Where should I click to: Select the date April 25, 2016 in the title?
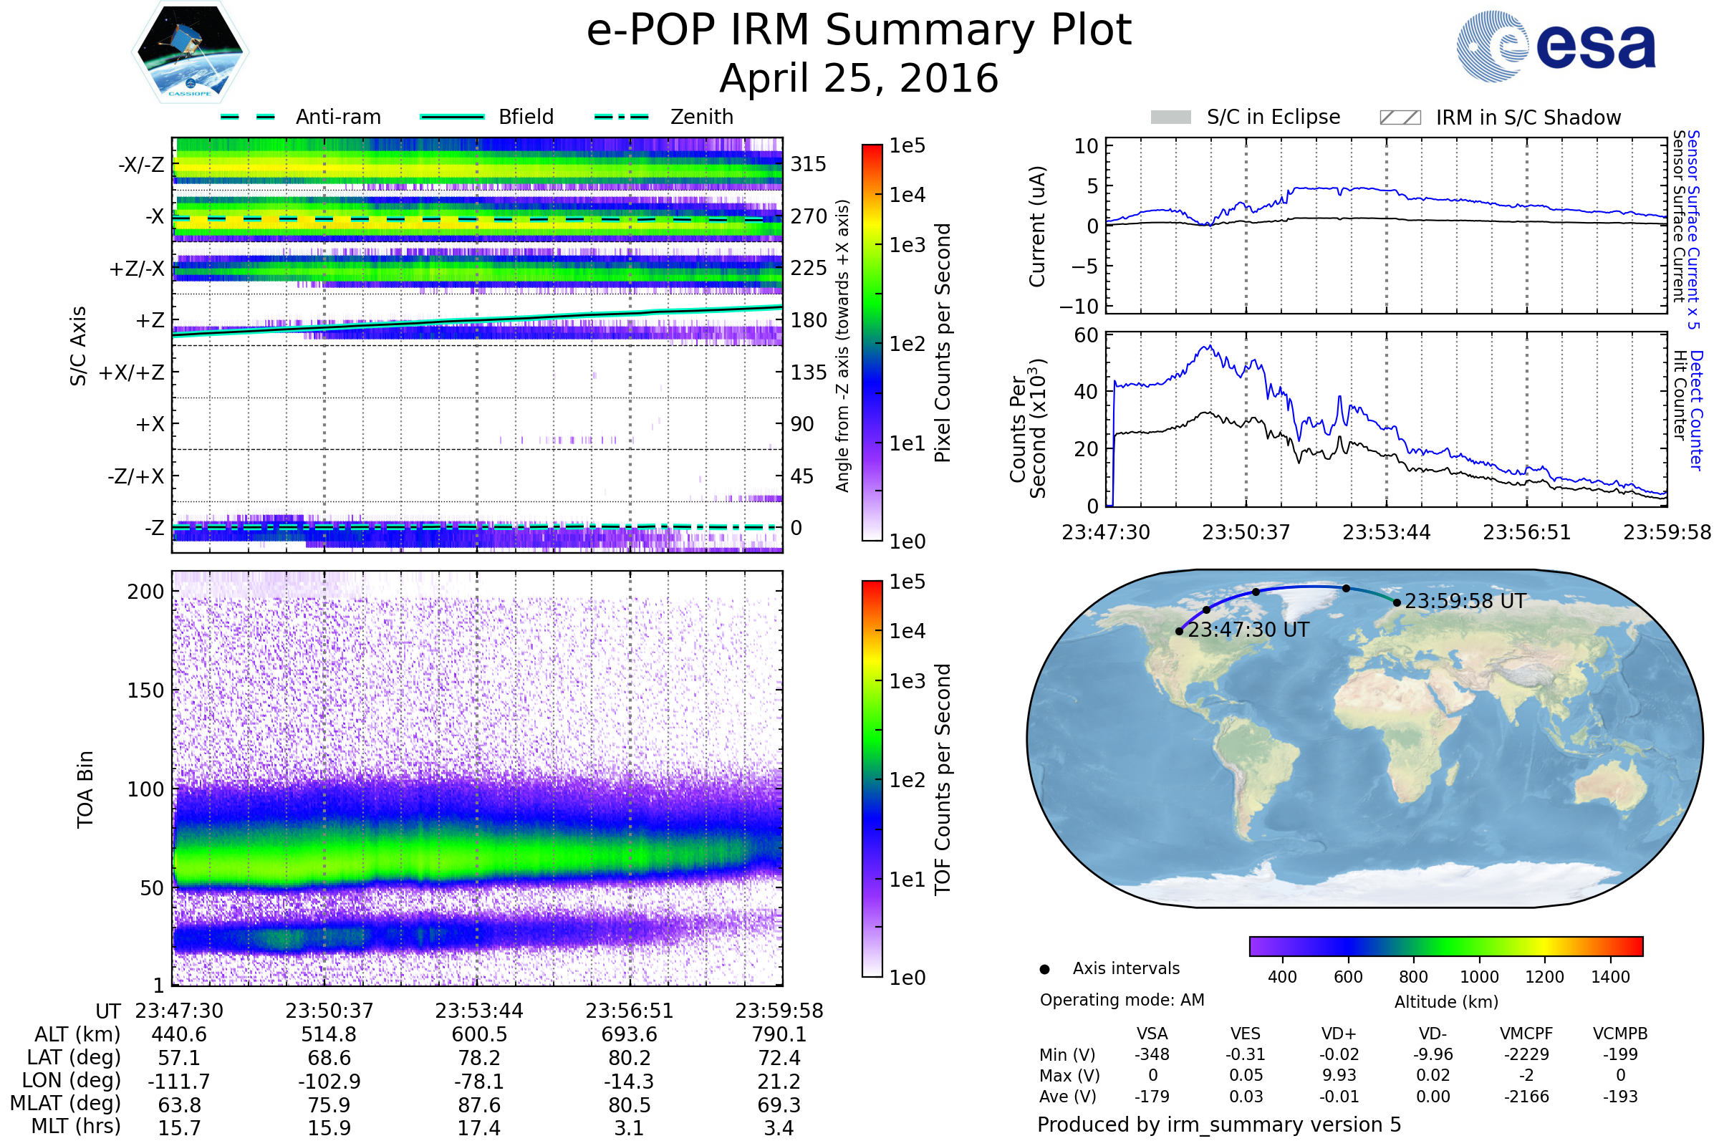pos(859,78)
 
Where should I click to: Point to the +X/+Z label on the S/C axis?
pos(132,372)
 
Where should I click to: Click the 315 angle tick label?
pos(809,164)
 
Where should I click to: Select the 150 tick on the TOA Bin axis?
pos(145,690)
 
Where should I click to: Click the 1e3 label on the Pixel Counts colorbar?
pos(907,245)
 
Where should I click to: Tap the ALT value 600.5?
pos(478,1034)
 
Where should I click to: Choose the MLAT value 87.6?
pos(478,1104)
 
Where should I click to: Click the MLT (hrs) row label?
pos(76,1125)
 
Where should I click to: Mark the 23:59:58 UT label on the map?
pos(1465,601)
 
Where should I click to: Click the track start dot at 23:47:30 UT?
pos(1179,631)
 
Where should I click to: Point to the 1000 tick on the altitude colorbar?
pos(1479,976)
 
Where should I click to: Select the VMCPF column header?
pos(1526,1034)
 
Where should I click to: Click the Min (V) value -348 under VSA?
pos(1152,1054)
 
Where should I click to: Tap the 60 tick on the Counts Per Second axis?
pos(1086,335)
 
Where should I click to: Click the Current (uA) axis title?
pos(1037,226)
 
